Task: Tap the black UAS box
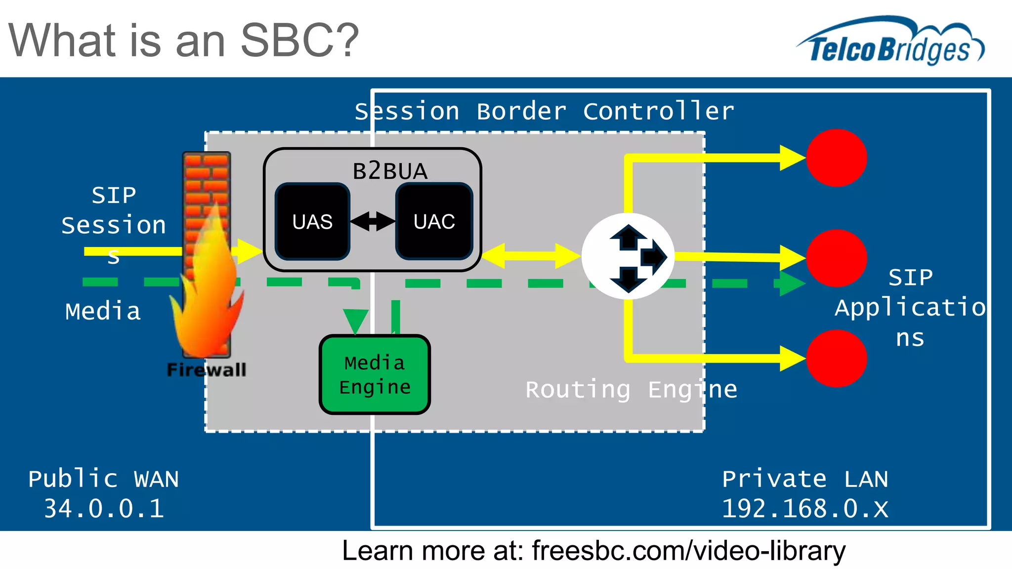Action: click(x=312, y=221)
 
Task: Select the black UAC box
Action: click(x=434, y=221)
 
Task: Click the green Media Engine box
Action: click(x=375, y=374)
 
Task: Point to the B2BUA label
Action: click(x=389, y=171)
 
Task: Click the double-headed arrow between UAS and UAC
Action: click(x=373, y=221)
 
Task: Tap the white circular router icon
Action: click(x=628, y=256)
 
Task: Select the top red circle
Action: click(x=836, y=158)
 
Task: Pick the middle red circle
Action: click(x=836, y=258)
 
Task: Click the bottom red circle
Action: click(x=836, y=359)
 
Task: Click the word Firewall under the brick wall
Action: click(x=207, y=370)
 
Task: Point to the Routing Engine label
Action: click(x=631, y=390)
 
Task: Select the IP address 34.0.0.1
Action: click(x=104, y=508)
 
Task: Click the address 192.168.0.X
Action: click(x=805, y=508)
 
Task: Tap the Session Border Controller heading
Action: click(x=544, y=111)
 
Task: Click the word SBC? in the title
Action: click(x=299, y=41)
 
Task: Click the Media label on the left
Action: click(x=103, y=311)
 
